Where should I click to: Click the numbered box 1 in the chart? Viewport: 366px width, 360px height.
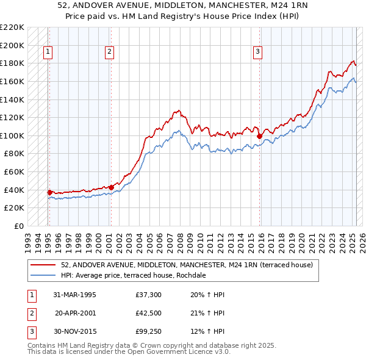48,52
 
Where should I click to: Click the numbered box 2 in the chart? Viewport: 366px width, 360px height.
109,52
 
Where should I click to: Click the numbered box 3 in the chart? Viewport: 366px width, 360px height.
258,52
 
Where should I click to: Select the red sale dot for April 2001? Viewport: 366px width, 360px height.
111,187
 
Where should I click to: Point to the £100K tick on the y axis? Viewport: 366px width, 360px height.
12,135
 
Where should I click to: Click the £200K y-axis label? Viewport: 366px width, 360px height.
12,45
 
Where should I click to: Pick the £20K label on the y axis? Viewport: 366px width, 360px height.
15,208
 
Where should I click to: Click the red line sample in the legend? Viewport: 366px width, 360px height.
43,265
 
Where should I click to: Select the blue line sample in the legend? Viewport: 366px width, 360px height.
43,275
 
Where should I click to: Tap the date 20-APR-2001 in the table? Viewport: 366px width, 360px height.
74,313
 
